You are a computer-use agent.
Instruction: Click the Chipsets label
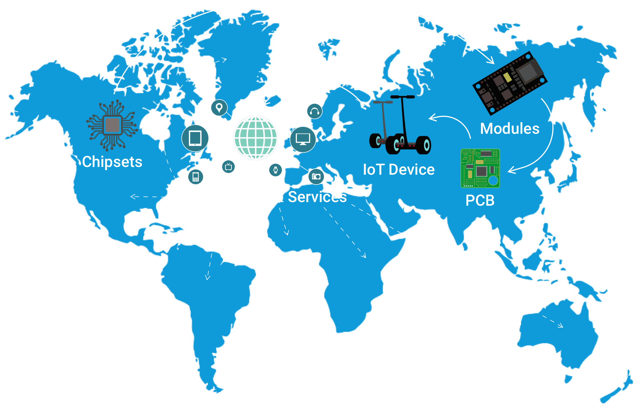click(112, 162)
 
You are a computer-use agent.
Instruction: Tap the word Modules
click(509, 129)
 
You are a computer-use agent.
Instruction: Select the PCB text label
click(480, 200)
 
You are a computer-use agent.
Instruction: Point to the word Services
click(317, 197)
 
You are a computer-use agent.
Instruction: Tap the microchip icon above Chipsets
click(112, 125)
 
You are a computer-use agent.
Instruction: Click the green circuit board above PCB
click(480, 168)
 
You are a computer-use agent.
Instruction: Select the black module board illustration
click(510, 83)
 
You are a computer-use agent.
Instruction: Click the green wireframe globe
click(255, 138)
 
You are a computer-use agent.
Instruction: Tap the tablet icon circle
click(195, 138)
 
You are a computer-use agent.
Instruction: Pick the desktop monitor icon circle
click(303, 139)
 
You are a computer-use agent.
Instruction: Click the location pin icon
click(219, 108)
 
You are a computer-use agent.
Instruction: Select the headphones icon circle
click(314, 111)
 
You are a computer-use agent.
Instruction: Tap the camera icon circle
click(316, 176)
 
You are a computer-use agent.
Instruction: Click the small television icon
click(228, 167)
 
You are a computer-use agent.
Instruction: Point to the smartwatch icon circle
click(275, 170)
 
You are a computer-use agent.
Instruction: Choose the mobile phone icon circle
click(195, 177)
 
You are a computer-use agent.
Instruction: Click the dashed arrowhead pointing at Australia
click(561, 325)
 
